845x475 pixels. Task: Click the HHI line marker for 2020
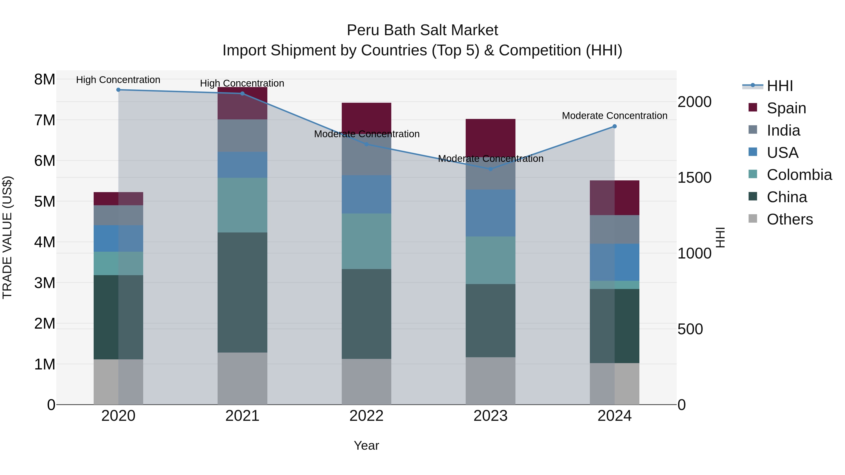[x=119, y=90]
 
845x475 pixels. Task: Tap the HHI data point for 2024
[x=615, y=126]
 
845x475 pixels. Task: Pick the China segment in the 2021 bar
[x=242, y=293]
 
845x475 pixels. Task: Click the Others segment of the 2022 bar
[x=366, y=382]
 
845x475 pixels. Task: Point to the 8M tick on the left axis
[x=45, y=79]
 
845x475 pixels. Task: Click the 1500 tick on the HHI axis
[x=694, y=178]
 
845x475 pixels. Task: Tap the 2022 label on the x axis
[x=366, y=416]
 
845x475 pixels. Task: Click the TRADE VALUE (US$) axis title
[x=8, y=237]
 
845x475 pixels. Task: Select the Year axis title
[x=366, y=445]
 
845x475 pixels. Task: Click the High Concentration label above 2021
[x=242, y=83]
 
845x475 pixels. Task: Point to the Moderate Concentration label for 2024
[x=615, y=116]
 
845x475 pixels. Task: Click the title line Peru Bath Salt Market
[x=422, y=30]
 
